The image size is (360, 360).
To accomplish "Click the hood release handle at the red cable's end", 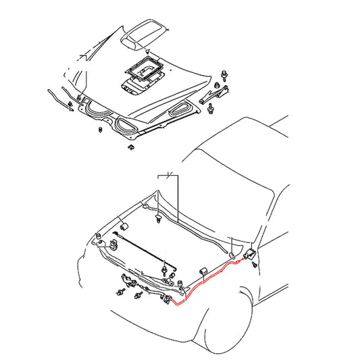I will tap(249, 255).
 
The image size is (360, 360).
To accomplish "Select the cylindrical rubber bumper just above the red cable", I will tap(202, 272).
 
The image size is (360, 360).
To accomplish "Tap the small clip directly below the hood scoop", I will tap(148, 51).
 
